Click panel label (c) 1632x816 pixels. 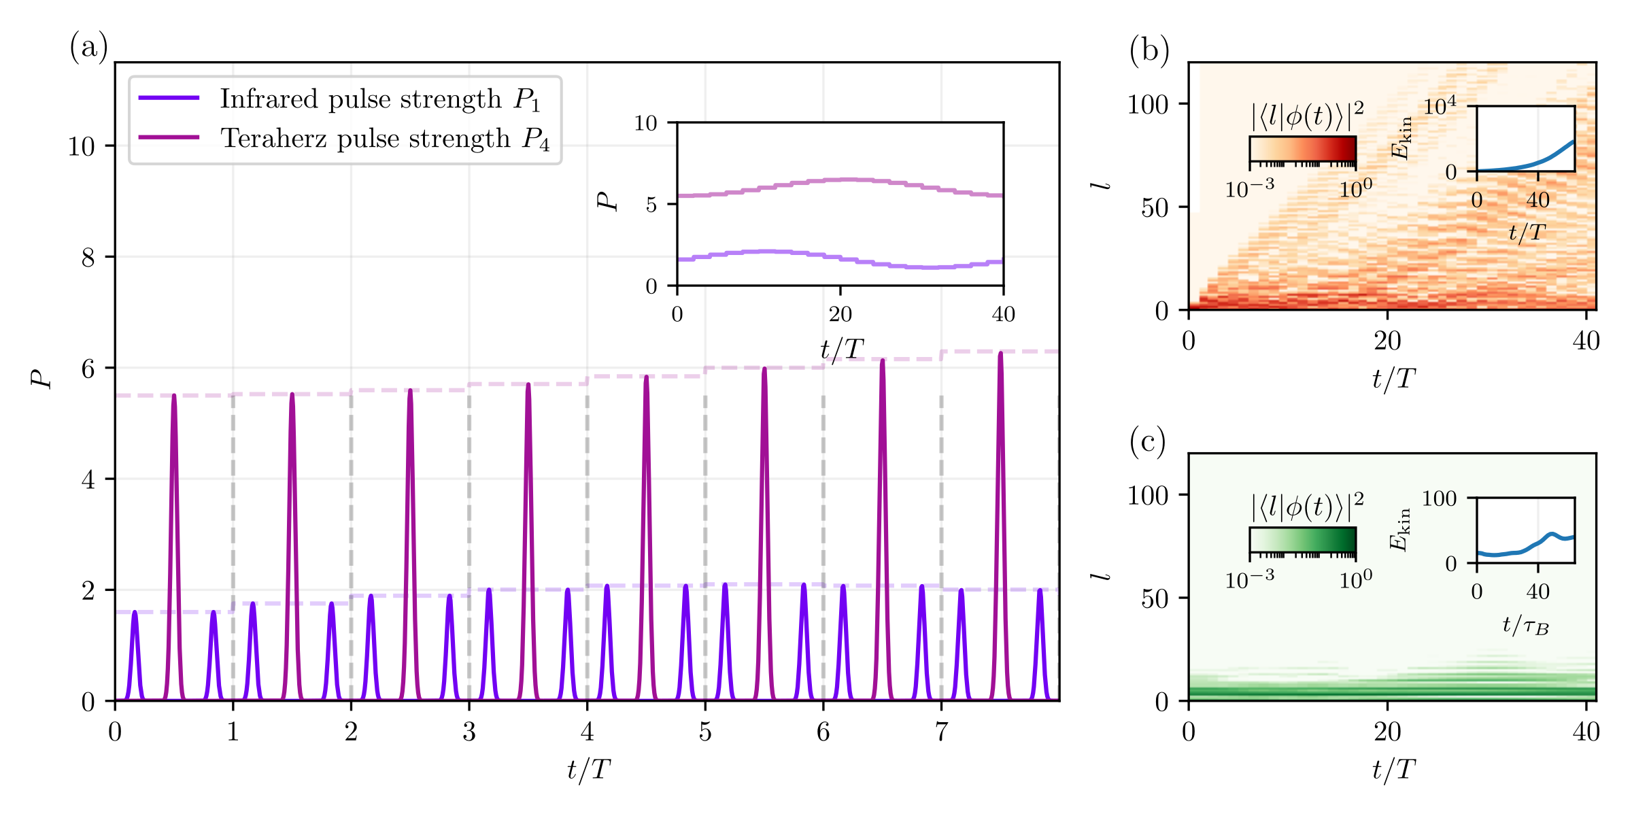(1147, 442)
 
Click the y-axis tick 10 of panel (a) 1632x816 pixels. (81, 146)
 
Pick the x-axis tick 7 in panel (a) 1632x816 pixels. (941, 732)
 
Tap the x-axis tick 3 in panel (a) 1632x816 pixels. (469, 732)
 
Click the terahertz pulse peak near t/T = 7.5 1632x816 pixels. (1000, 353)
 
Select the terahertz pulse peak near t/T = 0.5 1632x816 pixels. (174, 396)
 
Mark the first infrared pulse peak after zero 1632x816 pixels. (135, 612)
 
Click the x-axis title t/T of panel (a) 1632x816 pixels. (588, 770)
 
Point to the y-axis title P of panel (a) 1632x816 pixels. (42, 379)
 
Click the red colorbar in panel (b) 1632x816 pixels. (1302, 149)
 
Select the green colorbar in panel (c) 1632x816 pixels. (1302, 540)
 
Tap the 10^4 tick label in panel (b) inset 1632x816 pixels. (1440, 105)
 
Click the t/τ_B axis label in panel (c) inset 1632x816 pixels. (1525, 625)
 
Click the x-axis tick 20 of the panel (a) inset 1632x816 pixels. (840, 314)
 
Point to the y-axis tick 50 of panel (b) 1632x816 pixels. (1155, 208)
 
